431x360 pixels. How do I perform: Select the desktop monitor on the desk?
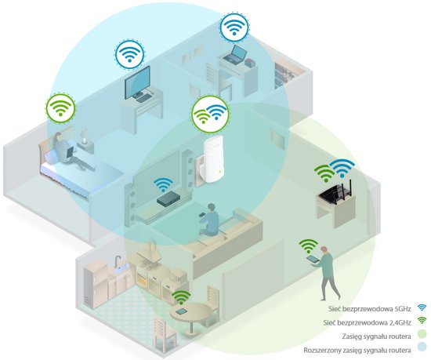(x=137, y=83)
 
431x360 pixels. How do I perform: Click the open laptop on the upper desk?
(x=234, y=54)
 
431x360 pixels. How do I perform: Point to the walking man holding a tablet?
(x=326, y=273)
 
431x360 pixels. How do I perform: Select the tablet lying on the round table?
(x=182, y=311)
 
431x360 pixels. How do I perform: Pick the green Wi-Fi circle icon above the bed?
(x=60, y=107)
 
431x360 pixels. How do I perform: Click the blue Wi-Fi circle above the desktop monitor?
(x=129, y=54)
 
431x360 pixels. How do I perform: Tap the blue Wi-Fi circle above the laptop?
(x=234, y=27)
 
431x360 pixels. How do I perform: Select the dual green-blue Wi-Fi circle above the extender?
(x=210, y=113)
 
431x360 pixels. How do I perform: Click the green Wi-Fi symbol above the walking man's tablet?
(x=309, y=245)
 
